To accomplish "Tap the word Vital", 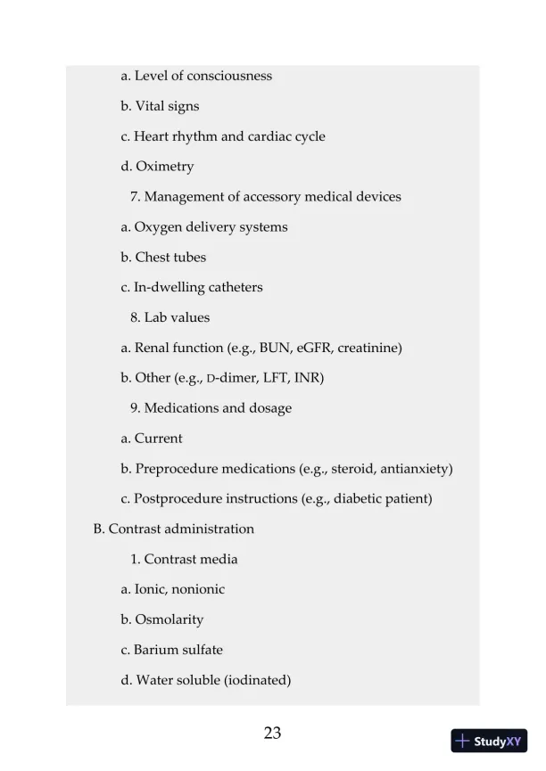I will coord(150,106).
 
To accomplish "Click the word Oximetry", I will coord(164,167).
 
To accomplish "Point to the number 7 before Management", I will coord(134,197).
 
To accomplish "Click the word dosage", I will coord(269,408).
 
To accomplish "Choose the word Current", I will coord(158,439).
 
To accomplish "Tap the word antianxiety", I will coord(418,469).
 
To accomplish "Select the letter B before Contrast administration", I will coord(98,529).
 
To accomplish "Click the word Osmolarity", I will coord(169,619).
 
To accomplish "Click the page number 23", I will coord(273,734).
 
